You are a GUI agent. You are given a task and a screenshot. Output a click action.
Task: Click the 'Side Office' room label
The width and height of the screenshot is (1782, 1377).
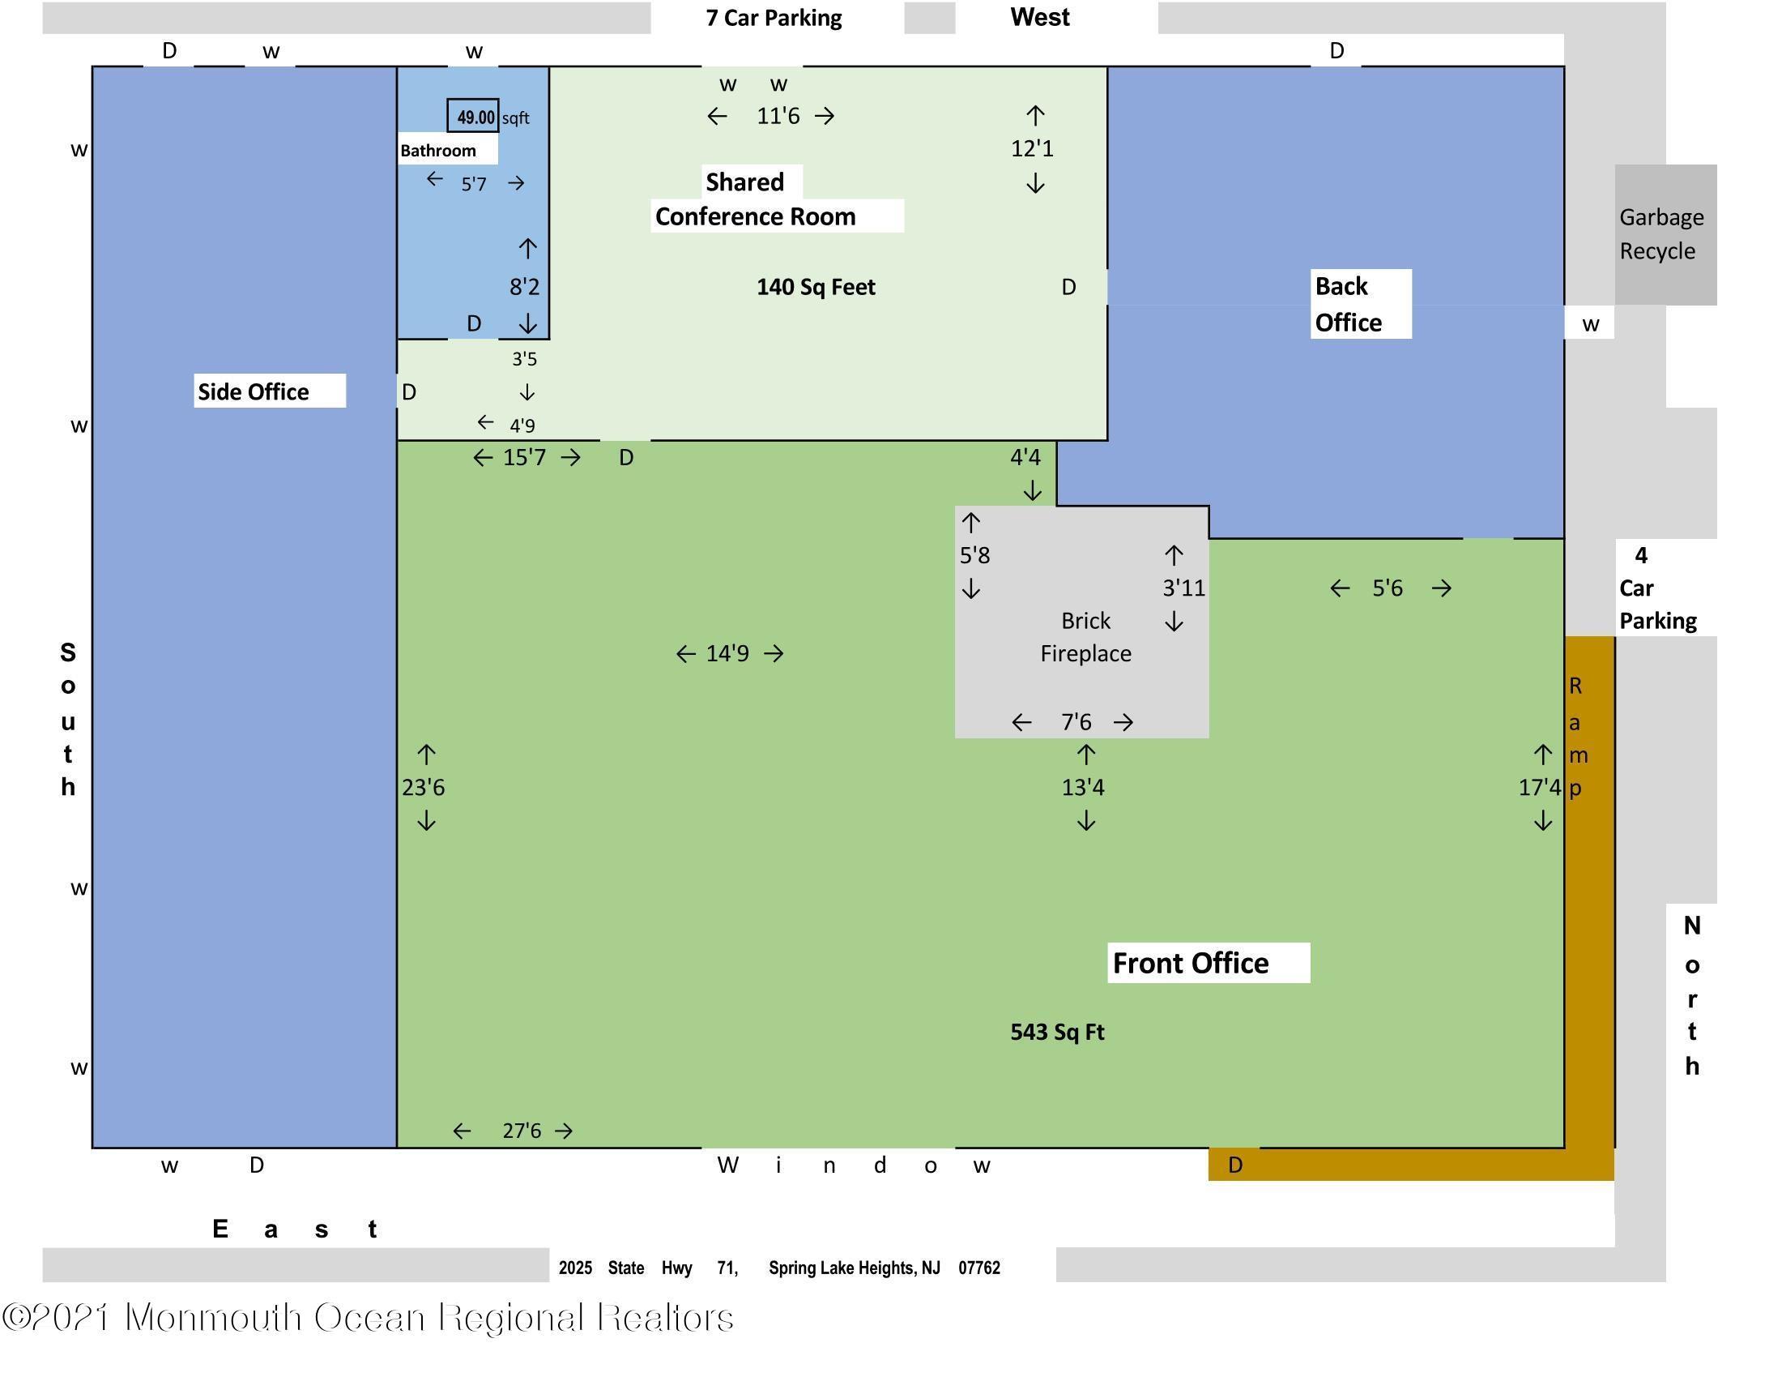click(253, 391)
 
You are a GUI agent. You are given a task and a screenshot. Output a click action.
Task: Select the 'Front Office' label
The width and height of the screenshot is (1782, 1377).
click(1191, 963)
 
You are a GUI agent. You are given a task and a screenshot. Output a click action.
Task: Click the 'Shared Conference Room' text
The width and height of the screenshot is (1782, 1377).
click(755, 200)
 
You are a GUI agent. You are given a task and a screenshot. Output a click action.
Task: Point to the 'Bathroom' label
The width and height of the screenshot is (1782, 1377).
click(438, 150)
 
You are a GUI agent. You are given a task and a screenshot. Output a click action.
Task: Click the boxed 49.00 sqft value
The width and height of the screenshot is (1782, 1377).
click(474, 117)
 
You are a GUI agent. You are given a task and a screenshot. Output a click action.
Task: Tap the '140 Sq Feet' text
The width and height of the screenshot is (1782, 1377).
click(815, 288)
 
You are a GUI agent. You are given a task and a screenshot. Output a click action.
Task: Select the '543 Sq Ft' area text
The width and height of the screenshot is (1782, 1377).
click(1056, 1033)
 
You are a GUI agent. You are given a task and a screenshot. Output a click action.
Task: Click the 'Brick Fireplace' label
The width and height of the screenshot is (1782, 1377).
click(1085, 637)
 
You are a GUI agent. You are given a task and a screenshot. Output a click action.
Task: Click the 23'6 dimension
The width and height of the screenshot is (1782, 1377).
click(424, 788)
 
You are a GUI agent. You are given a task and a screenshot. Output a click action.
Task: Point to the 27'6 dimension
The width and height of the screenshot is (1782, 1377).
click(522, 1131)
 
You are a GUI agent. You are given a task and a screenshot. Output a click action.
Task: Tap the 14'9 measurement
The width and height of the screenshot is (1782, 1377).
click(727, 653)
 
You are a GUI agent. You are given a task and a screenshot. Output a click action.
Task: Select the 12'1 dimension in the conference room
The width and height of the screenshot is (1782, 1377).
click(1032, 148)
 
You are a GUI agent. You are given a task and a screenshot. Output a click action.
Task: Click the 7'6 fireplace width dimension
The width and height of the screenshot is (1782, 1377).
click(1076, 721)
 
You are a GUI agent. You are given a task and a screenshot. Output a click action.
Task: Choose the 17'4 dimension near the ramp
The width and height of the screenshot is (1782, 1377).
click(1539, 788)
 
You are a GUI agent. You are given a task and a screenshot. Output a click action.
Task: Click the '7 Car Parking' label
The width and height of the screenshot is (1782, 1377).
click(774, 18)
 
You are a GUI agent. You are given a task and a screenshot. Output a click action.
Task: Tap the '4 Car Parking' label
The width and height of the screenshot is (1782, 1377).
click(1656, 588)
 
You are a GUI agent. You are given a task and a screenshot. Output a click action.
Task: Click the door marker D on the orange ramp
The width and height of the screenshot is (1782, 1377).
click(1235, 1165)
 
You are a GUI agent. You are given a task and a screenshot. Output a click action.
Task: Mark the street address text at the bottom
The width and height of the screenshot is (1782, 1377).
click(779, 1268)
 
